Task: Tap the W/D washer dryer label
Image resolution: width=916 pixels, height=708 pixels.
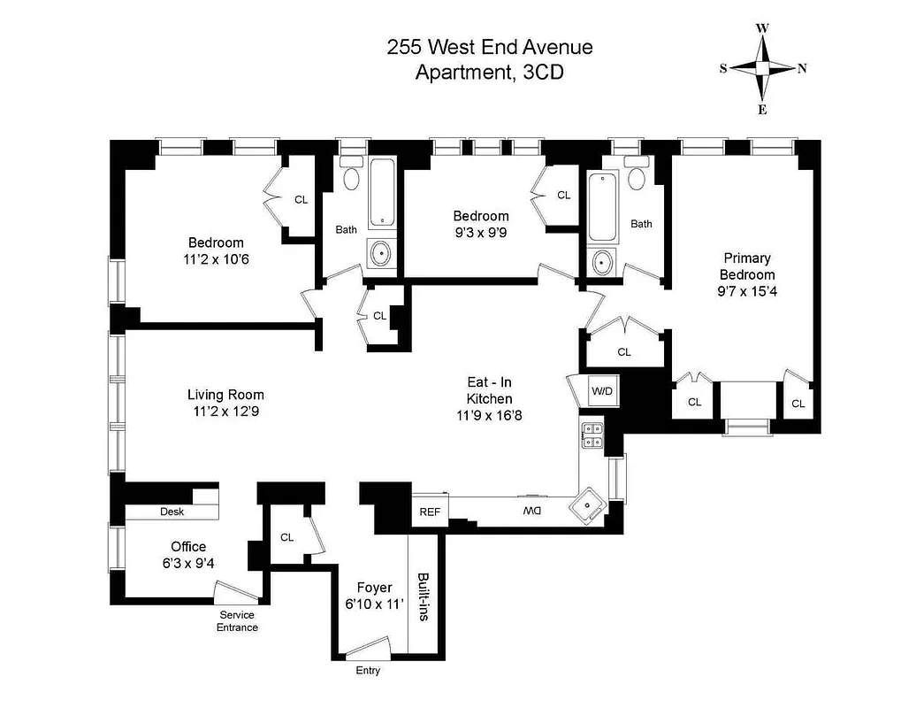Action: (x=602, y=390)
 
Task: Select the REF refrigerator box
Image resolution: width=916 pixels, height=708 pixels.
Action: (x=430, y=512)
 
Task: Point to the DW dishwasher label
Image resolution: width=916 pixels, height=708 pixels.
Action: (x=531, y=512)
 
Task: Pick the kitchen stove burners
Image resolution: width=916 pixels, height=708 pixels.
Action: (x=592, y=435)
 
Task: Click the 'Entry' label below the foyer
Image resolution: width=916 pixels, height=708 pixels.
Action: (x=368, y=670)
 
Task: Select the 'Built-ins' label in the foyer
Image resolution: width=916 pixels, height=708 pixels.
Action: (x=422, y=595)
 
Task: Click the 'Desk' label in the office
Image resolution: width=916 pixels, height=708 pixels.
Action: (x=172, y=512)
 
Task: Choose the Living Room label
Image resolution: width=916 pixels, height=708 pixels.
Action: (x=225, y=395)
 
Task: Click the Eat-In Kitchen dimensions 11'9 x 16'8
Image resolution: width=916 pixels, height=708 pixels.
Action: (x=490, y=414)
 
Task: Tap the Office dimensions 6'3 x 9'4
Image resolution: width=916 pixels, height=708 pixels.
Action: (x=188, y=562)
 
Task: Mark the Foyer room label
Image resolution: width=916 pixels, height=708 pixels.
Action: (x=374, y=588)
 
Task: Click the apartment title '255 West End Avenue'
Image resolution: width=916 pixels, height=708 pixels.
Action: (x=490, y=48)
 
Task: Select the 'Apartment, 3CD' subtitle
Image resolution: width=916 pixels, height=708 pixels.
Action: (x=490, y=73)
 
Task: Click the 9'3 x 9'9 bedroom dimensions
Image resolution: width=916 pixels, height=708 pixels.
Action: (x=481, y=232)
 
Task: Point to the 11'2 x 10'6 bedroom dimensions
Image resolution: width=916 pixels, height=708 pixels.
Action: (x=216, y=259)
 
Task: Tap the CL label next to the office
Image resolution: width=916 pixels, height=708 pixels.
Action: (x=287, y=536)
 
